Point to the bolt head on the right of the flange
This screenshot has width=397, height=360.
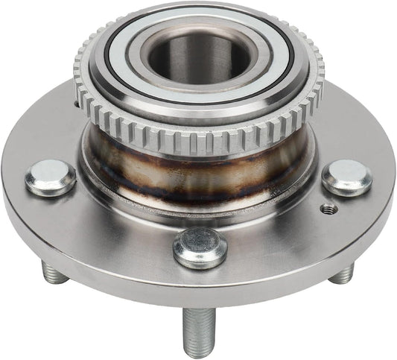pyautogui.click(x=348, y=177)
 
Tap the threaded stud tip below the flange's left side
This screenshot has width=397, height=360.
pyautogui.click(x=54, y=273)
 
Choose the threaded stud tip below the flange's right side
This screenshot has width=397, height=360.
pyautogui.click(x=342, y=274)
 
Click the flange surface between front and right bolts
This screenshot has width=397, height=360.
pyautogui.click(x=283, y=231)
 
